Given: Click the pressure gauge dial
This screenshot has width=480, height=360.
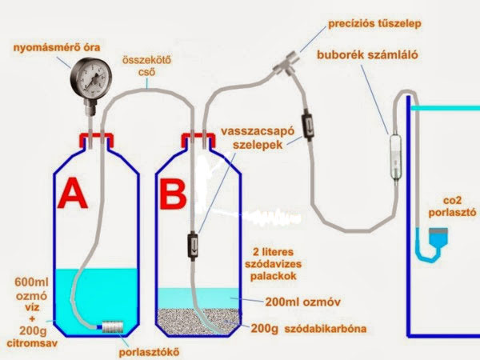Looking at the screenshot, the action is coord(91,79).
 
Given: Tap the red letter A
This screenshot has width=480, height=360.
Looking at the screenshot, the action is coord(73,193).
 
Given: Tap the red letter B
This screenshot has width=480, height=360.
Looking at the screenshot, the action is coord(173,193).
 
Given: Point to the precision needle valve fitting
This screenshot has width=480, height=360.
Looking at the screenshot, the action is coord(286,64).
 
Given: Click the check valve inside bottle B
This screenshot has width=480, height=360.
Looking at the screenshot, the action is coord(192,246).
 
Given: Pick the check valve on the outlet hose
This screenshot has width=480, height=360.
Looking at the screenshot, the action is coord(307,127).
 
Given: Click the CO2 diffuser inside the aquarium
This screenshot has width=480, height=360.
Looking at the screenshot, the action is coord(438,238).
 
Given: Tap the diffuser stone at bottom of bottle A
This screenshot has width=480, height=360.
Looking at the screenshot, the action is coord(112,326).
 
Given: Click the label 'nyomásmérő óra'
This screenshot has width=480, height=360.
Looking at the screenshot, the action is coord(57,48).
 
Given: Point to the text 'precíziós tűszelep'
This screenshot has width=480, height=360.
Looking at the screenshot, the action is coord(374,23).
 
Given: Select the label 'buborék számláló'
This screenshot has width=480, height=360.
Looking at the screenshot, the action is coord(367,55).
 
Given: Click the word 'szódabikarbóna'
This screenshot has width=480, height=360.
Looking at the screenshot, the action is coord(326,329).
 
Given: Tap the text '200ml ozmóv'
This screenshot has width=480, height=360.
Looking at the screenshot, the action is coord(302,302).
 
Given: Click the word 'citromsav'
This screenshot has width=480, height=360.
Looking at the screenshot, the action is coord(32,343).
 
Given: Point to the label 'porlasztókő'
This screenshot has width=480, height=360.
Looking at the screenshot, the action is coord(149,352).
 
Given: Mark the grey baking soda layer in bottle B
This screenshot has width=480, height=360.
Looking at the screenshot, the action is coord(198,321).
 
